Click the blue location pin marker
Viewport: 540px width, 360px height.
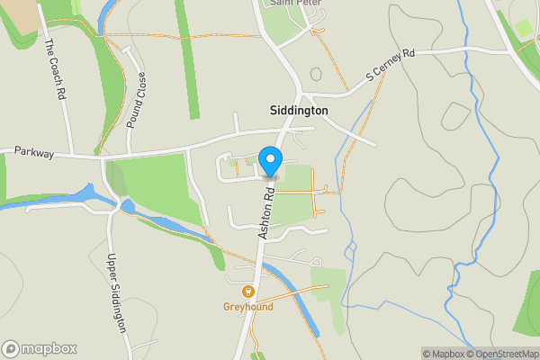pyautogui.click(x=270, y=161)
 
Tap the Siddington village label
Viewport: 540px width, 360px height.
pyautogui.click(x=299, y=111)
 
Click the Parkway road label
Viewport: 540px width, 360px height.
pyautogui.click(x=34, y=153)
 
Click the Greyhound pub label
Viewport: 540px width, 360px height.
pyautogui.click(x=247, y=307)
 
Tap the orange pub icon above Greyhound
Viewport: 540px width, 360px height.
pyautogui.click(x=247, y=292)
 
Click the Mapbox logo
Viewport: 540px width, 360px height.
pyautogui.click(x=40, y=348)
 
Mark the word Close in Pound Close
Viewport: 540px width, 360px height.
pyautogui.click(x=140, y=85)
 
